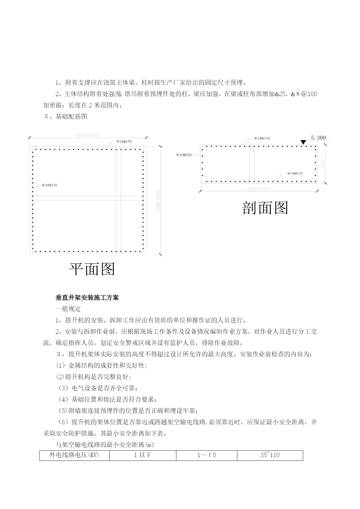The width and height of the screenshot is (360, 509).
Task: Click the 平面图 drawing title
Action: coord(92,269)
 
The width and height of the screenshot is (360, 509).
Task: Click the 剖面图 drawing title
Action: coord(265,208)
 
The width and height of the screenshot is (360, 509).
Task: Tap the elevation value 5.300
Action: coord(318,138)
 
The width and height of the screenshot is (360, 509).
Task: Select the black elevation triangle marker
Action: coord(303,142)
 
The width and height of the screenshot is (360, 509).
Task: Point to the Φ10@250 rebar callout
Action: coord(184,155)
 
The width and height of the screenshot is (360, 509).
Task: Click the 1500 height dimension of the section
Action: coord(323,164)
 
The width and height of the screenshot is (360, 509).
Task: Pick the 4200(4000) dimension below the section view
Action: coord(259,189)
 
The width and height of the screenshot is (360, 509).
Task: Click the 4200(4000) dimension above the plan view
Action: coord(88,135)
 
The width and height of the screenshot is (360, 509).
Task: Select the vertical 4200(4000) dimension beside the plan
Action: coord(158,200)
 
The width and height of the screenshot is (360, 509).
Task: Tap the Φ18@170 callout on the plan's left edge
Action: coord(50,185)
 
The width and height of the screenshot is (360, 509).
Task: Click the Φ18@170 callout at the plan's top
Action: coord(124,142)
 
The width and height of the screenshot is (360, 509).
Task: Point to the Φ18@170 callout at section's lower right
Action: coord(295,174)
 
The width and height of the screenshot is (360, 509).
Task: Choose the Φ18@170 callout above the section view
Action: coord(262,138)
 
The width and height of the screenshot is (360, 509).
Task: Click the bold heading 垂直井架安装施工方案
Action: coord(87,298)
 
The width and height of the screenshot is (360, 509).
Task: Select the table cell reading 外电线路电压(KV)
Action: coord(74,455)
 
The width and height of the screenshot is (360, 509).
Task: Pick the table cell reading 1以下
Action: coord(142,455)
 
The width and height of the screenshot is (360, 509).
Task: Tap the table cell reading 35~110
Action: coord(270,455)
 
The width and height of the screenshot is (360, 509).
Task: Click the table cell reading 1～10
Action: coord(207,455)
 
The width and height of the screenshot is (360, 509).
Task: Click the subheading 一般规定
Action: coord(68,309)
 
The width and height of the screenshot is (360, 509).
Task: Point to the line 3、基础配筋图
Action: coord(66,117)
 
